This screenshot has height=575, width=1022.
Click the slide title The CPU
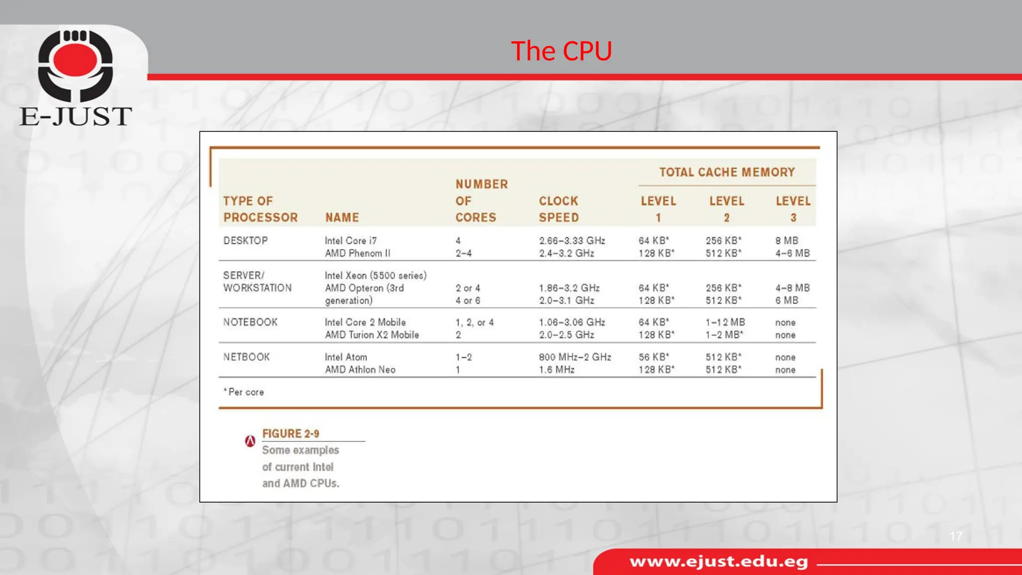tap(561, 51)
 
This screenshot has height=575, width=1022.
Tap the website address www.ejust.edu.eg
tap(719, 562)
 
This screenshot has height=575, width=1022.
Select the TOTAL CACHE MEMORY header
tap(727, 173)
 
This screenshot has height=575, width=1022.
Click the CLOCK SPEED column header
tap(558, 209)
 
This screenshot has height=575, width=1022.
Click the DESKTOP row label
tap(246, 241)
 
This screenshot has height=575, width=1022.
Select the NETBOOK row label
tap(247, 357)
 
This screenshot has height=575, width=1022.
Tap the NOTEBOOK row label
tap(250, 322)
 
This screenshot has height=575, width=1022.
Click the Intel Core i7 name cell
tap(350, 241)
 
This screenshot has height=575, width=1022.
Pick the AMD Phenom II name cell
tap(357, 254)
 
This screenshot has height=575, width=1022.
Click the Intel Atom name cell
tap(346, 357)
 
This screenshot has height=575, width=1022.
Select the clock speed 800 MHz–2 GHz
tap(575, 357)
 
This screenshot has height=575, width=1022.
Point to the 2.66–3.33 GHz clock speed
tap(572, 241)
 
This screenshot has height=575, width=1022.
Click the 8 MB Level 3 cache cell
tap(786, 241)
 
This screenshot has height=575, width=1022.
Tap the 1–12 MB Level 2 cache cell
tap(725, 322)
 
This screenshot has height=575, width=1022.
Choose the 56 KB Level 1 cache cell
tap(654, 357)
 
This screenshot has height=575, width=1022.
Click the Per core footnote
tap(245, 392)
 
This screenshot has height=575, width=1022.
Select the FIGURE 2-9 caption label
tap(290, 434)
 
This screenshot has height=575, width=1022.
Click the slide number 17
tap(956, 537)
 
